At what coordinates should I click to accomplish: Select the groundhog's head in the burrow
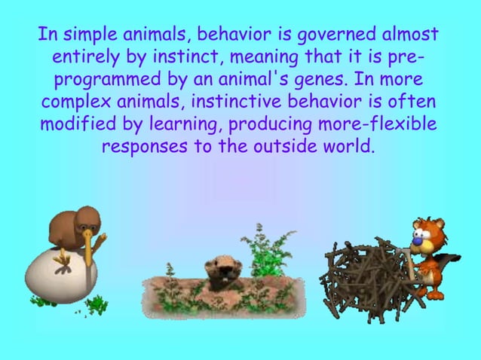(x=221, y=268)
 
